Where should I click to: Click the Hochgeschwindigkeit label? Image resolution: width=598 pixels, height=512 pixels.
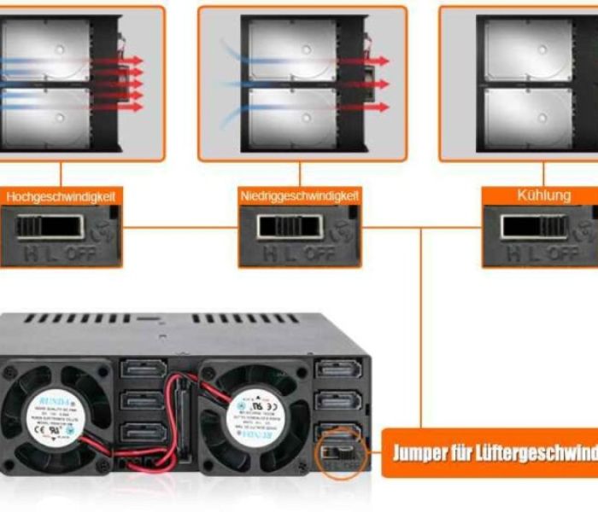coord(61,196)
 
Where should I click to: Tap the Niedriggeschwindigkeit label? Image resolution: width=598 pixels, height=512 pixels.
coord(299,196)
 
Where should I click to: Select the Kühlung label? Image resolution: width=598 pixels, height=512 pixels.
coord(543,195)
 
